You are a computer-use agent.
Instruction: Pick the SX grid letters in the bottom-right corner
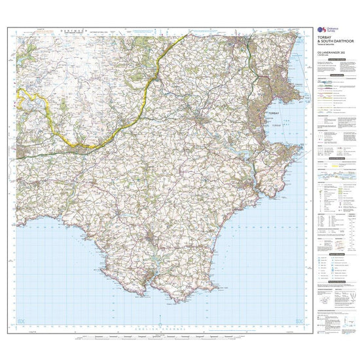coord(298,320)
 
